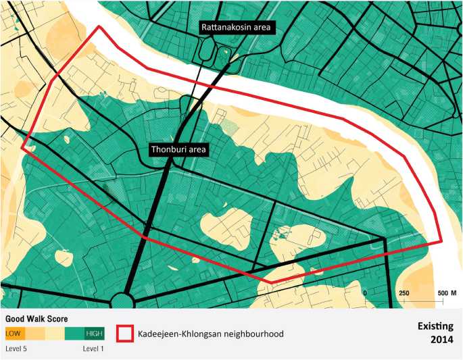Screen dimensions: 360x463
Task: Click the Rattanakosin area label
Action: (x=235, y=27)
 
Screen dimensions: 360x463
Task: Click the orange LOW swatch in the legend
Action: (x=14, y=334)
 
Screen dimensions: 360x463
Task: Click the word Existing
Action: (x=434, y=325)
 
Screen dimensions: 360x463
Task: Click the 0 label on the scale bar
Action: (x=365, y=293)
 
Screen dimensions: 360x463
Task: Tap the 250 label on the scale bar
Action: (x=404, y=293)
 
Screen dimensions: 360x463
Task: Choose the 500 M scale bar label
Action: (x=447, y=293)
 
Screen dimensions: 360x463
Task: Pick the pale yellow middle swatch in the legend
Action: (x=54, y=334)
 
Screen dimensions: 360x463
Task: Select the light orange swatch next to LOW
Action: (x=34, y=334)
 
